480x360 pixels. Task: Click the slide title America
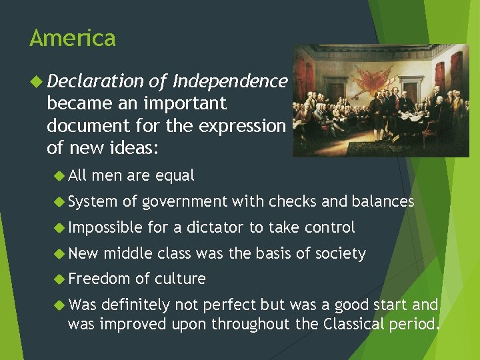coord(72,38)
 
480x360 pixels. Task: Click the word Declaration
coord(95,81)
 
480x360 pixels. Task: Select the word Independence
coord(230,81)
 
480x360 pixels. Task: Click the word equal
coord(175,176)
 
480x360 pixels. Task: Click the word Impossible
coord(105,228)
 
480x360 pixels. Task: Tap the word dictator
coord(216,227)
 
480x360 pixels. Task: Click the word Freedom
coord(99,279)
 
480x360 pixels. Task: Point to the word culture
coord(179,279)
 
